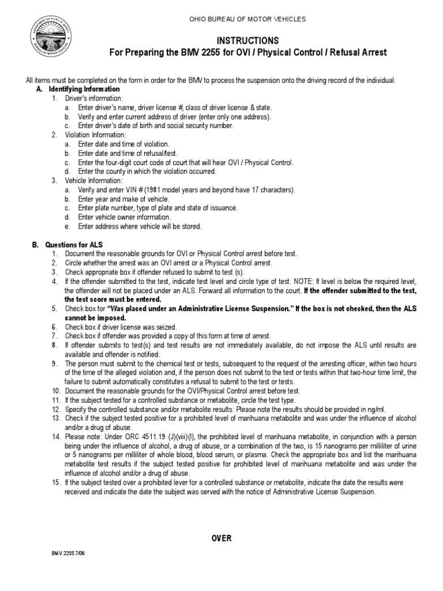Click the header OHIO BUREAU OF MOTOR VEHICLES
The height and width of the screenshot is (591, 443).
(248, 20)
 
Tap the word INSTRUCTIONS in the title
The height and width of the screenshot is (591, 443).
(248, 40)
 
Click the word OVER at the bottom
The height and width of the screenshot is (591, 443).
(221, 538)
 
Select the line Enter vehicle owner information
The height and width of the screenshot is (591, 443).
(125, 217)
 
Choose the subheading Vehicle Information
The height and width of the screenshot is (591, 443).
(93, 181)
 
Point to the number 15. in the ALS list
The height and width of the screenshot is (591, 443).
(56, 482)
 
